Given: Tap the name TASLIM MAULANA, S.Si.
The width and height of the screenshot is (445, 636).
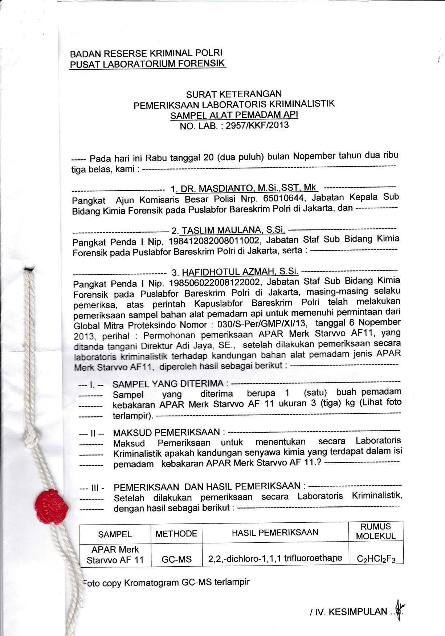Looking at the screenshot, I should (x=233, y=230).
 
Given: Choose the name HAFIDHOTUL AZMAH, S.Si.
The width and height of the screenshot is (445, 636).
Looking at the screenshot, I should (x=240, y=272).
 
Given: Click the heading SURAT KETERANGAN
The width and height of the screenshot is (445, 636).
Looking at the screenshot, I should (x=234, y=95).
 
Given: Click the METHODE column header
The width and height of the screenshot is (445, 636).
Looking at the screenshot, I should (x=176, y=534).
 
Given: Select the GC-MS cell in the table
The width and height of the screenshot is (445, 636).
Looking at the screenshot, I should (x=176, y=559).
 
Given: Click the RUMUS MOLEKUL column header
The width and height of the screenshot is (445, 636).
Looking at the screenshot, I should (x=376, y=531).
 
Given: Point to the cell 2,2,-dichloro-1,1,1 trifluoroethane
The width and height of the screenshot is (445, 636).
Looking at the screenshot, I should (x=275, y=558).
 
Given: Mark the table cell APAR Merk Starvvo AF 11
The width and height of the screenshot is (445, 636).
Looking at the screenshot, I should (x=115, y=555).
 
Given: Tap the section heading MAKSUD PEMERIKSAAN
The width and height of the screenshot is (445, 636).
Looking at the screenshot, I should (x=167, y=432).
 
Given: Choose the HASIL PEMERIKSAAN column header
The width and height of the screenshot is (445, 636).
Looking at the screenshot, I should (x=275, y=532).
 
